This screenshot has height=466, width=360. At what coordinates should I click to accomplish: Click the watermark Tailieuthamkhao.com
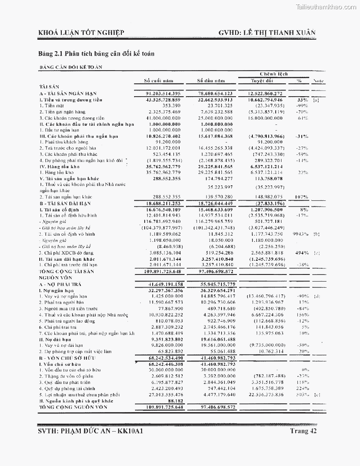[326, 7]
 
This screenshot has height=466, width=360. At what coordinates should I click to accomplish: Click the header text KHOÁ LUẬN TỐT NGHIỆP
[82, 33]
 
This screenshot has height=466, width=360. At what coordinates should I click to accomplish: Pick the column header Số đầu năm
[211, 81]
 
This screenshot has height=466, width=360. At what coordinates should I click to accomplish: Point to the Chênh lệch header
[274, 74]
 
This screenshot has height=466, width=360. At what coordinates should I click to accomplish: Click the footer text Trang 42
[304, 431]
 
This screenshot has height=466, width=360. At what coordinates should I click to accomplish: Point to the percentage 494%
[301, 252]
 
